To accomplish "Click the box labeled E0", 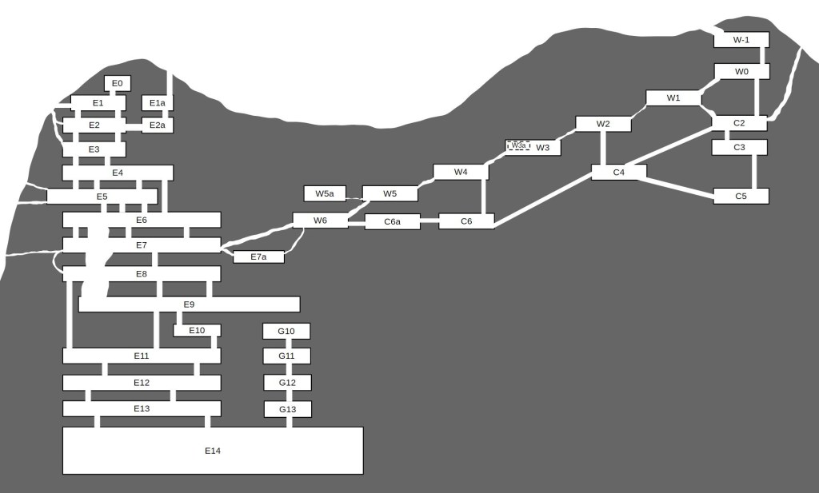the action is [x=118, y=83].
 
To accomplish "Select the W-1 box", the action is [x=741, y=40].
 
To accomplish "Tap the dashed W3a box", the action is [x=518, y=145].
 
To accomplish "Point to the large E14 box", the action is [x=213, y=451].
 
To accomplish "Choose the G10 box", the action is [x=286, y=332].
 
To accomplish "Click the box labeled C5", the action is [x=741, y=196].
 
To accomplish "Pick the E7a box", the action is [x=258, y=256].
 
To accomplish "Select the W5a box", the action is [x=325, y=193].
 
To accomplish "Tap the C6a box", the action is [x=392, y=221].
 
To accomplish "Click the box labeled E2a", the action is [x=158, y=125].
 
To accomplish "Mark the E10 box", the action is [x=197, y=330].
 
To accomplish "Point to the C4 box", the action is [x=619, y=172].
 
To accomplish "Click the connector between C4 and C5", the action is [x=680, y=188].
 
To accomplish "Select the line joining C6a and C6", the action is [x=429, y=221].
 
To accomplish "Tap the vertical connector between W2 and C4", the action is [x=603, y=148].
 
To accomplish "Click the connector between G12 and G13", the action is [x=289, y=396].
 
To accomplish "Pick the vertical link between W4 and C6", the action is [x=484, y=197].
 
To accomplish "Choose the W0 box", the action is [x=741, y=71].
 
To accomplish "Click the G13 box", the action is [x=288, y=409].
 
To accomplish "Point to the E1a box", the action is [x=158, y=103].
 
